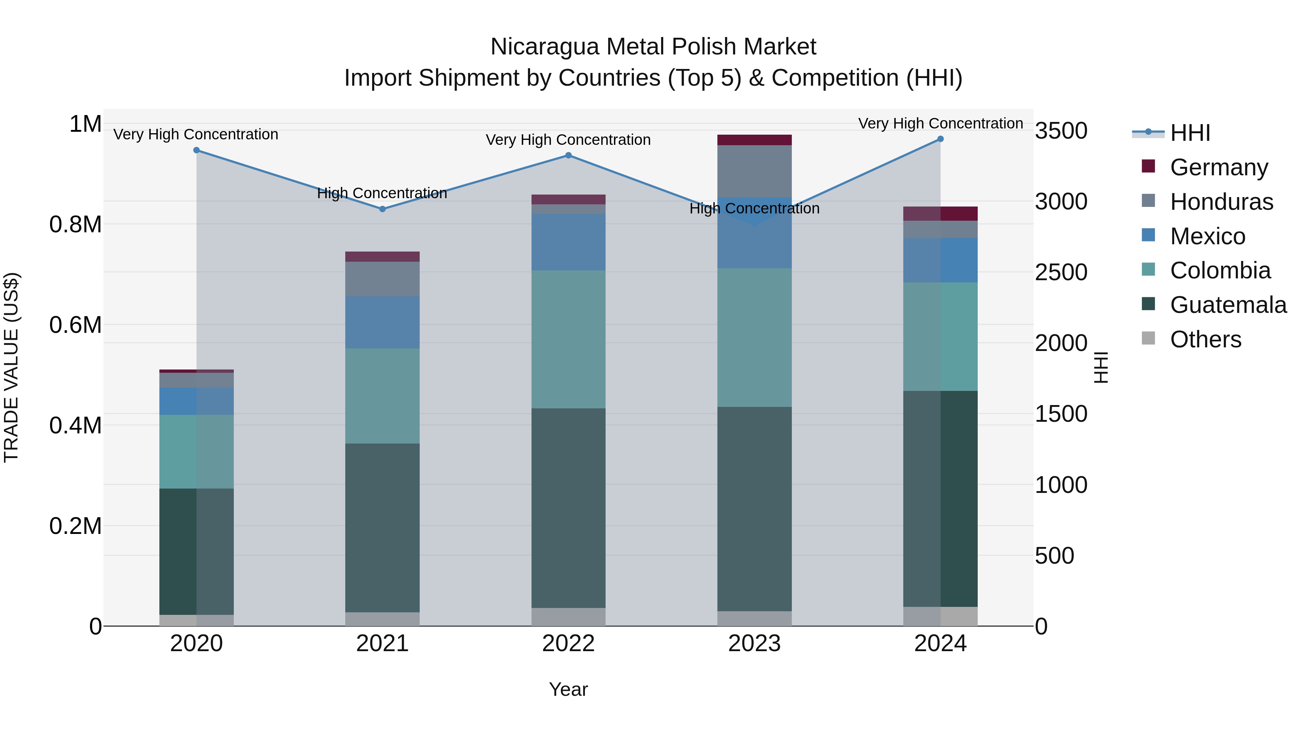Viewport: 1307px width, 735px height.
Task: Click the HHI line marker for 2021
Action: click(383, 209)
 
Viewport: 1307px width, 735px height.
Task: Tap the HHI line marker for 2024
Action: click(940, 139)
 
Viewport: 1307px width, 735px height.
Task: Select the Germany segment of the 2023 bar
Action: click(754, 140)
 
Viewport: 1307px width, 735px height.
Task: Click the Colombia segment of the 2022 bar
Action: click(568, 339)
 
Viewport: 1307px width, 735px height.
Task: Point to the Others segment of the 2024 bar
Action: click(940, 616)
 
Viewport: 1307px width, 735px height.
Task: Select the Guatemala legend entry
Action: click(1227, 305)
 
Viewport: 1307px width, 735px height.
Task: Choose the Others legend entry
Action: click(1205, 340)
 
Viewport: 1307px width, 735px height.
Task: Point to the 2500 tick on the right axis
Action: click(1061, 272)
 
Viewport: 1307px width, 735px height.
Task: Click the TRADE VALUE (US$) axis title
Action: click(12, 367)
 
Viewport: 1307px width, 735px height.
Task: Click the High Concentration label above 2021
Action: click(382, 193)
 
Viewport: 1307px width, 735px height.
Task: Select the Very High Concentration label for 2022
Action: click(568, 140)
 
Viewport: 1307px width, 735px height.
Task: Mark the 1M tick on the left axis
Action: click(85, 124)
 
